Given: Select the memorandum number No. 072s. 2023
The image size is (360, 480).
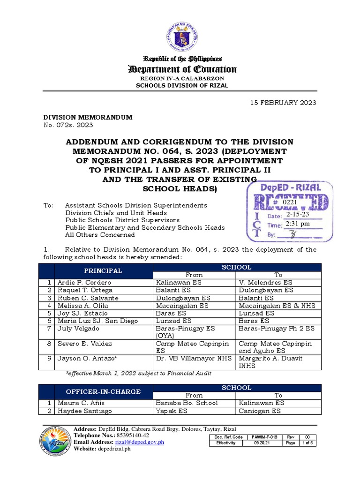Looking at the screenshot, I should click(68, 125).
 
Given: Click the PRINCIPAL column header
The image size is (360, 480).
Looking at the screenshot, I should click(103, 271).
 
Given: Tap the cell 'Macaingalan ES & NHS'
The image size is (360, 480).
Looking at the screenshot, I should click(277, 306).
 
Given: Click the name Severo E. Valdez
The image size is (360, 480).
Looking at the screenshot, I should click(85, 344).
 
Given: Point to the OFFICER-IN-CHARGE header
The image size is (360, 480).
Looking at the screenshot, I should click(103, 391).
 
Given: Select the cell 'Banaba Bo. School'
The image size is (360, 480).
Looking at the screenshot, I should click(187, 403).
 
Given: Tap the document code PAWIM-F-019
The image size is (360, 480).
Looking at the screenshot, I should click(264, 437).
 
